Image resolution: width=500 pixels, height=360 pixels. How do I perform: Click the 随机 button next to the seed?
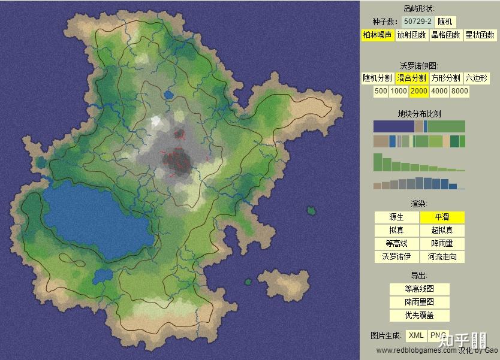[x=446, y=22]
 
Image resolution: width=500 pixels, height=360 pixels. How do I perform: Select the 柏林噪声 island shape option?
[x=377, y=35]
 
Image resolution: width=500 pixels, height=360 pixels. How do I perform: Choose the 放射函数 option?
[x=411, y=35]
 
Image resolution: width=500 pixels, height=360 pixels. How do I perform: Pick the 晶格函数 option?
[x=446, y=35]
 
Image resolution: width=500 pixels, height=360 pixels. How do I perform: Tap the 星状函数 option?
[x=480, y=35]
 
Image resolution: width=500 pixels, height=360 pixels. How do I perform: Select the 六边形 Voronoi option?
[x=476, y=78]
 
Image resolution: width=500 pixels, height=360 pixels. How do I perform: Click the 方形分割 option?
[x=445, y=78]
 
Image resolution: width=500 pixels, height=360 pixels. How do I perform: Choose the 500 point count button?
[x=380, y=92]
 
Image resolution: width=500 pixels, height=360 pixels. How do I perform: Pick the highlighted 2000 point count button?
[x=418, y=92]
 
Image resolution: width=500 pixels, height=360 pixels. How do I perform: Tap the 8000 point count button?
[x=459, y=92]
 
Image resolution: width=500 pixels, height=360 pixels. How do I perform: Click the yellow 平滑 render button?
[x=442, y=217]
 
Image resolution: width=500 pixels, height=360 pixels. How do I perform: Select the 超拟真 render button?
[x=442, y=231]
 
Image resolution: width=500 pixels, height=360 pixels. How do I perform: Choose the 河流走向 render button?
[x=442, y=257]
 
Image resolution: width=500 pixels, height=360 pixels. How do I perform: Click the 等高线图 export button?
[x=419, y=289]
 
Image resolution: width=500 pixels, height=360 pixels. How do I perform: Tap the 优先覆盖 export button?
[x=419, y=316]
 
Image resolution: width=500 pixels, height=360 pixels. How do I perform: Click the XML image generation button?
[x=416, y=335]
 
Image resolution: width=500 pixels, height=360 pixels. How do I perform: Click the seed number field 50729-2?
[x=418, y=22]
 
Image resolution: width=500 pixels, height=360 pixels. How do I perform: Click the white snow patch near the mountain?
[x=157, y=121]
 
